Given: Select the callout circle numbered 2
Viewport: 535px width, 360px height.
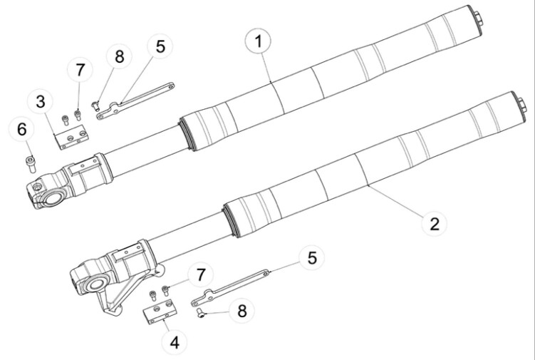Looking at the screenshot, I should coord(434,223).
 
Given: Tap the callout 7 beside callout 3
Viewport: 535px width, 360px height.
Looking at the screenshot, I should coord(80,71).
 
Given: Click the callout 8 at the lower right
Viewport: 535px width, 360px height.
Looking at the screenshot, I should coord(243,311).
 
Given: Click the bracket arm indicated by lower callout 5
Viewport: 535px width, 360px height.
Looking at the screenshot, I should coord(235,282).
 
